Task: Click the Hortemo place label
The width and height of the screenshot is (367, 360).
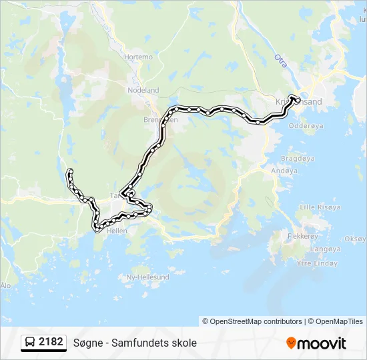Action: [139, 57]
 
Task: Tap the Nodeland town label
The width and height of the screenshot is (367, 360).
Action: [143, 90]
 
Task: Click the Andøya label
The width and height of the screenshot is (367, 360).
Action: [284, 171]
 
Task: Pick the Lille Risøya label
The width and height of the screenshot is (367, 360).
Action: [320, 207]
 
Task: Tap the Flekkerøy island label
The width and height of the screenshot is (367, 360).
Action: [302, 236]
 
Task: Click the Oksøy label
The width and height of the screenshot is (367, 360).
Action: [355, 239]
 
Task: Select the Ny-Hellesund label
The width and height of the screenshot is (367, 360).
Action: [148, 277]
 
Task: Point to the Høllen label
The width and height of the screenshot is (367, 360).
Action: [116, 231]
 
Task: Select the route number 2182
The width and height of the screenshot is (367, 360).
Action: [51, 343]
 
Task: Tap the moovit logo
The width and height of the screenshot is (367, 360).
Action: [316, 343]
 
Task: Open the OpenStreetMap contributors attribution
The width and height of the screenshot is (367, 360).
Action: [252, 321]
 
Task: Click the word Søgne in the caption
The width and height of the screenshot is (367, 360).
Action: [87, 343]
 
